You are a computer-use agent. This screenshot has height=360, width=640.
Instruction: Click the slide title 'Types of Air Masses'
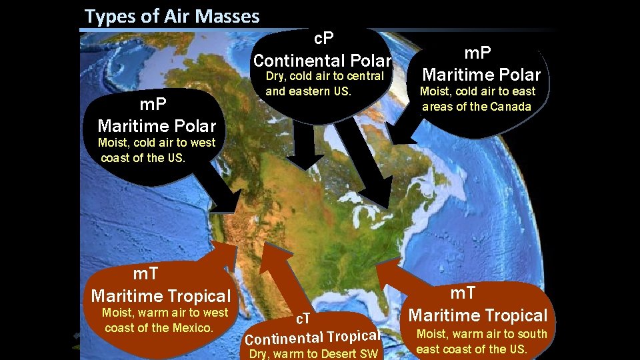click(172, 16)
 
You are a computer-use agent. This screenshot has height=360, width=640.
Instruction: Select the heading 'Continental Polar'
click(322, 59)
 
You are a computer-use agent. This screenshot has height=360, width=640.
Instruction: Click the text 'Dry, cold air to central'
click(325, 76)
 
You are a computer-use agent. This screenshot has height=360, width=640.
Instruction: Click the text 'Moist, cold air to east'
click(477, 91)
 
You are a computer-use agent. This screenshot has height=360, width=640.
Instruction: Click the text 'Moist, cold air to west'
click(157, 142)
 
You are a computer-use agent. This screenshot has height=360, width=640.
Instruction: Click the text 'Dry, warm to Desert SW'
click(313, 354)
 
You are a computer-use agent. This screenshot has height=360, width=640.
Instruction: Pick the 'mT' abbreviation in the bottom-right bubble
click(469, 293)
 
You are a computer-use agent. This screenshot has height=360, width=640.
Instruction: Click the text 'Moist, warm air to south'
click(481, 334)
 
